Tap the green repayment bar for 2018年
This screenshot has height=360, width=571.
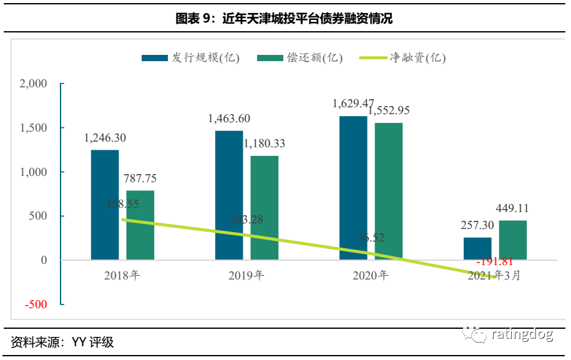tap(140, 225)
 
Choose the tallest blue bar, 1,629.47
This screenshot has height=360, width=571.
tap(353, 187)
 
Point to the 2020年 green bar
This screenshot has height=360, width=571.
tap(388, 191)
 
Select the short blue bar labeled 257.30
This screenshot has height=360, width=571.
tap(477, 248)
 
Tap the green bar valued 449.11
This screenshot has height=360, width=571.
tap(512, 240)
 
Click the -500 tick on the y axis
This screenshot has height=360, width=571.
tap(36, 304)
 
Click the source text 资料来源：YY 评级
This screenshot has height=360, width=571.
tap(62, 342)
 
